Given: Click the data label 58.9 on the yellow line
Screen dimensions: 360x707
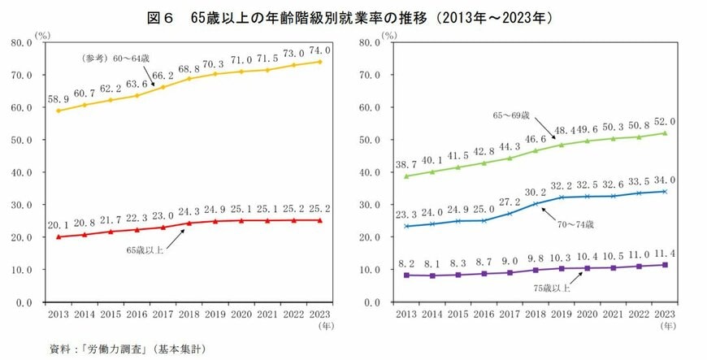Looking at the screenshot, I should (59, 99).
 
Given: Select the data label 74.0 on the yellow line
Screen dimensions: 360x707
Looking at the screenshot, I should (320, 50).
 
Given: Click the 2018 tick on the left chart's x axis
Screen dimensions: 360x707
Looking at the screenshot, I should (190, 314).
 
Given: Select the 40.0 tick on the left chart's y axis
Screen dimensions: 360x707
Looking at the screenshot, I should (21, 172).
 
